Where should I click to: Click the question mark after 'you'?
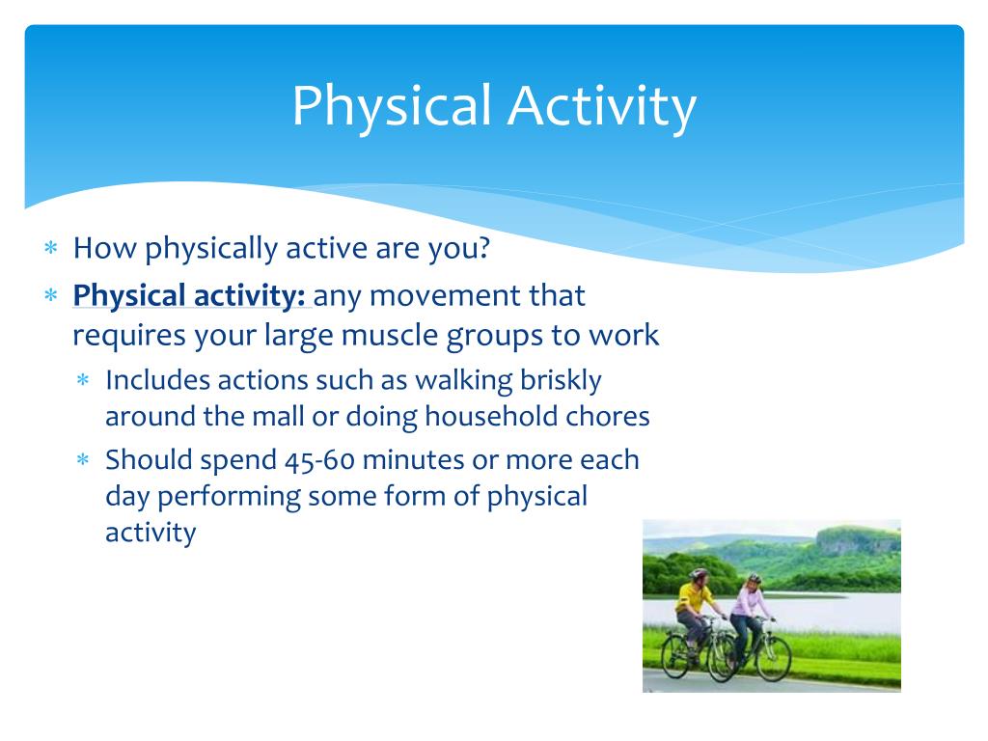[x=483, y=247]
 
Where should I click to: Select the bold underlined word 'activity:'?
[x=250, y=296]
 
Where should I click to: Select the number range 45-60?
[x=319, y=460]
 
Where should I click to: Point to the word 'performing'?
[x=229, y=497]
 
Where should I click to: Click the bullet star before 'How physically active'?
[x=51, y=248]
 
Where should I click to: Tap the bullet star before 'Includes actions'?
[x=83, y=380]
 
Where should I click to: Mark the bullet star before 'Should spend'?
[x=83, y=459]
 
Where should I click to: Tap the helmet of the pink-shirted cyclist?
[x=754, y=577]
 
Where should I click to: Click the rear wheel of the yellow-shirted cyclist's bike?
[x=674, y=656]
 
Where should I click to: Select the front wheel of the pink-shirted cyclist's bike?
[x=775, y=658]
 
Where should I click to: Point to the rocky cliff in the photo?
[x=858, y=541]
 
